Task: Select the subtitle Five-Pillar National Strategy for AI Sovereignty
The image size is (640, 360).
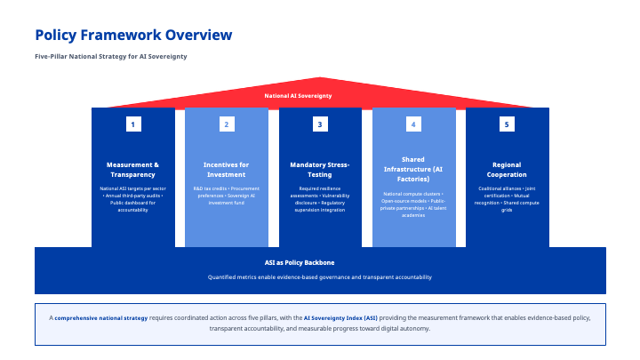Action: click(x=111, y=56)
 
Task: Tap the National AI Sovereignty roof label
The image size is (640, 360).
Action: click(x=298, y=95)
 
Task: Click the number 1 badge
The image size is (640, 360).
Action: click(x=132, y=124)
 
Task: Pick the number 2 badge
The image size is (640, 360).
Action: click(x=227, y=124)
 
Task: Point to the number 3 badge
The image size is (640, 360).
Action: click(x=320, y=124)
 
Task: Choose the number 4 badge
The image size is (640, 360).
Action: click(x=413, y=124)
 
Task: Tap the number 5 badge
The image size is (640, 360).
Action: click(x=507, y=124)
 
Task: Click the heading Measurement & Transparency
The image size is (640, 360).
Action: click(x=132, y=170)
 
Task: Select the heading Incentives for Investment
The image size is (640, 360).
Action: click(x=227, y=170)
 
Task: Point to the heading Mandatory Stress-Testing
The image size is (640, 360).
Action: click(x=320, y=170)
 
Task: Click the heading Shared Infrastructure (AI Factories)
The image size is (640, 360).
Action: click(x=413, y=169)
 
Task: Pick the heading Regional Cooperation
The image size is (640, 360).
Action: click(x=507, y=170)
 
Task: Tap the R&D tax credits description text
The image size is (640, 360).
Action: click(x=227, y=196)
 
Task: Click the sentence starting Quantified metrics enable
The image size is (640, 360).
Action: click(x=320, y=277)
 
